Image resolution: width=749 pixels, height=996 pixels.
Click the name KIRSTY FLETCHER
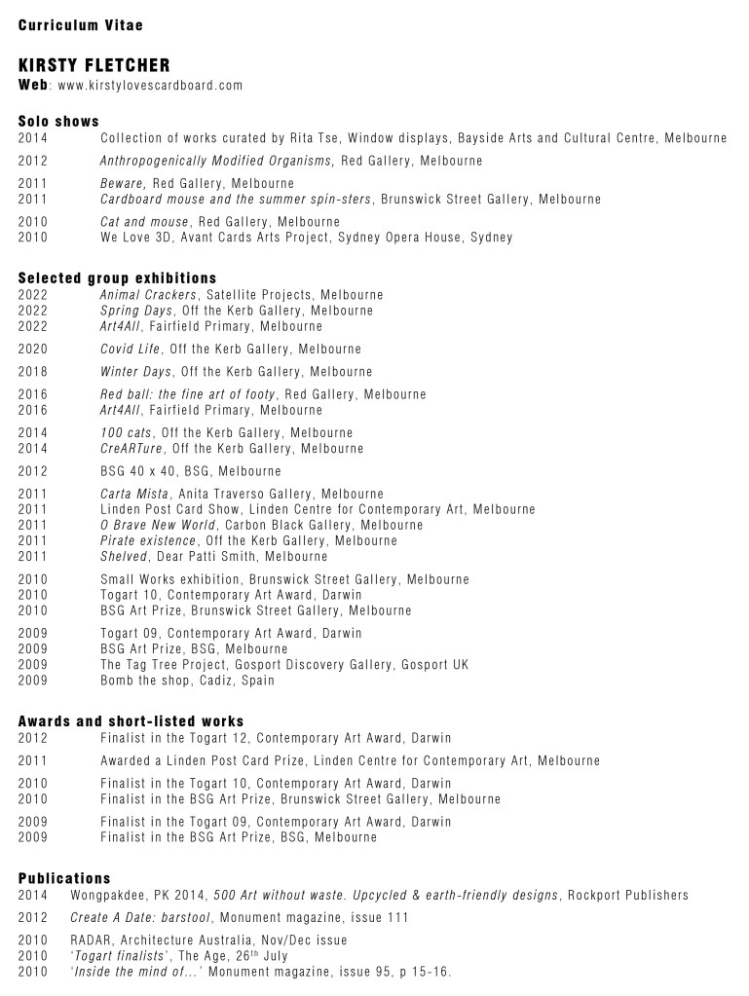coord(94,65)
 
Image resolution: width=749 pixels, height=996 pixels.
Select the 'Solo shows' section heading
coord(58,122)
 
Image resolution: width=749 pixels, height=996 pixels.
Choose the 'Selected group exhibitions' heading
coord(117,278)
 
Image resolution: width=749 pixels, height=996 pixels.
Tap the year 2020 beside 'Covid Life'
coord(33,349)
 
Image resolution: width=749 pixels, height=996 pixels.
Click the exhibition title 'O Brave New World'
coord(157,525)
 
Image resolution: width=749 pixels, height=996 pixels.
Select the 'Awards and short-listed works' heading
coord(131,721)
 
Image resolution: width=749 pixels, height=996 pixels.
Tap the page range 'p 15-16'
coord(420,972)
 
